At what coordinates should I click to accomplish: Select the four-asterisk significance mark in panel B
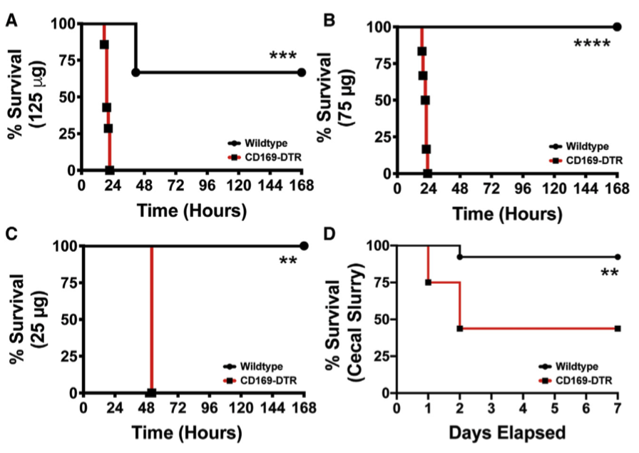pos(592,44)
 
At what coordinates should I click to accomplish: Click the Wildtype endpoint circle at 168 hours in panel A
pos(302,72)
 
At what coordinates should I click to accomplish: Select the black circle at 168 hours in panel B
pos(617,27)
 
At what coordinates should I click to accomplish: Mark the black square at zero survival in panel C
pos(151,392)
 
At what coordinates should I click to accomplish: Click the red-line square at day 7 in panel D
pos(617,328)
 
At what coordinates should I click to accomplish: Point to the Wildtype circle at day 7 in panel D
pos(617,257)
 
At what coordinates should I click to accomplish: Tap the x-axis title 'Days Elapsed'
pos(507,432)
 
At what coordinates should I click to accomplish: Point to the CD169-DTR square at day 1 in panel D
pos(428,282)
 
